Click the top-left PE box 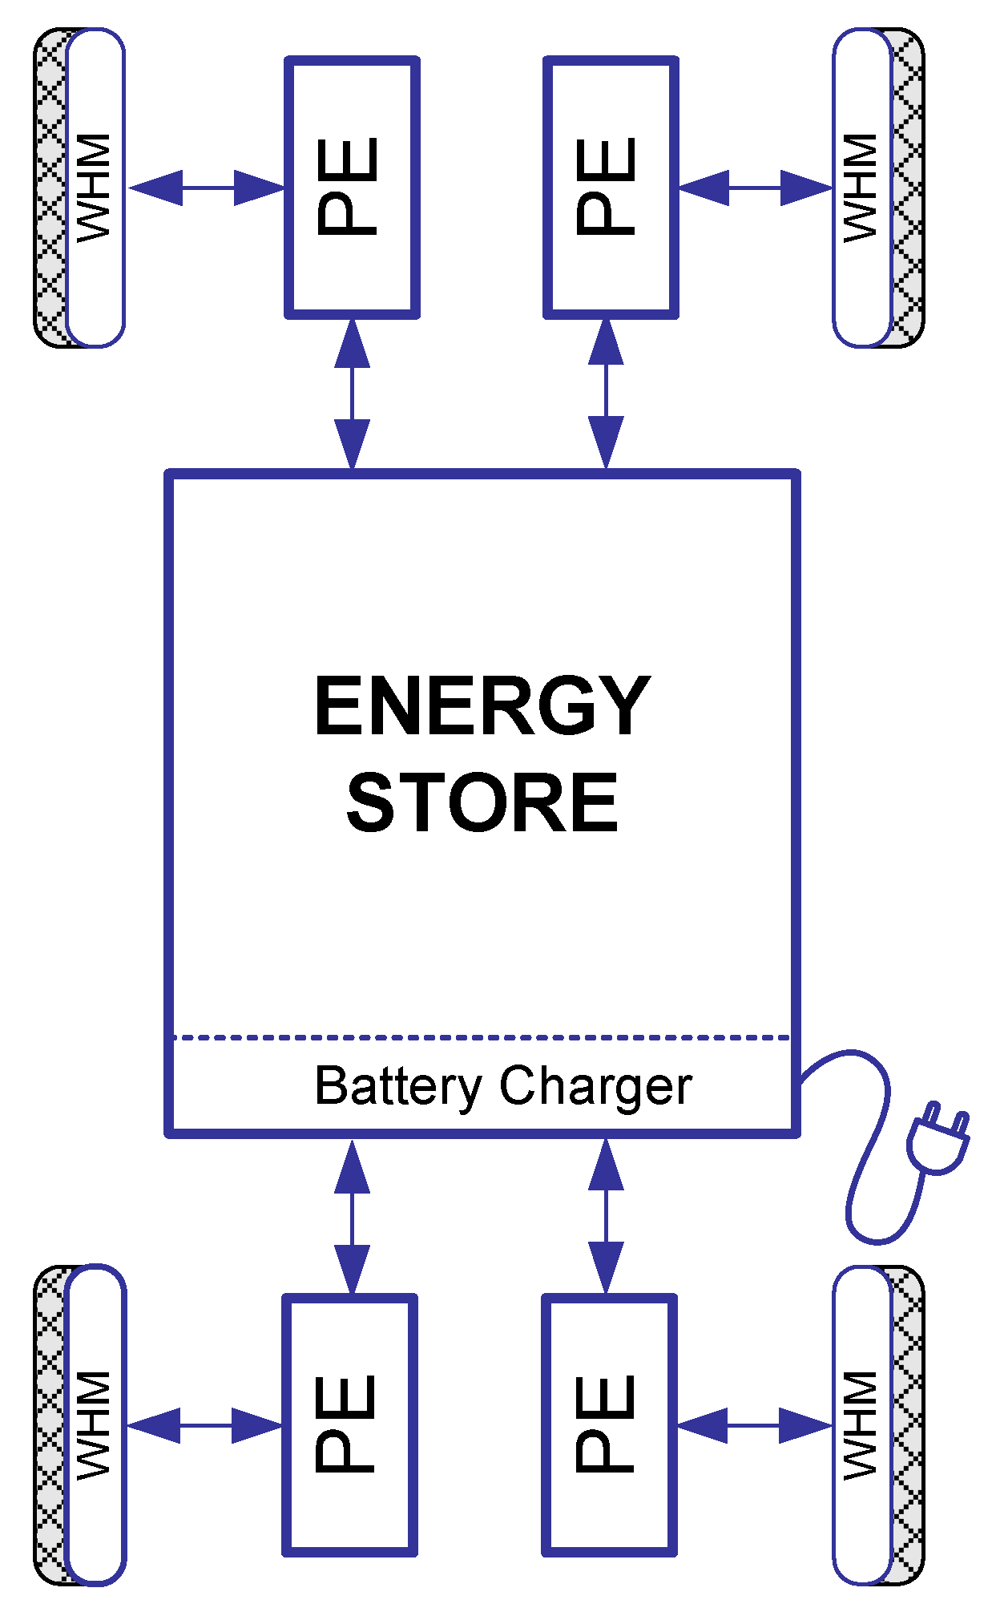[x=352, y=187]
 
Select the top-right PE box [x=611, y=187]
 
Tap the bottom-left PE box [x=349, y=1424]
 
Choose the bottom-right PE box [x=609, y=1424]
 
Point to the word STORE [x=482, y=802]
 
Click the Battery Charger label [x=502, y=1086]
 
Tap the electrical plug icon [x=938, y=1138]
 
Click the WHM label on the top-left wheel [x=94, y=187]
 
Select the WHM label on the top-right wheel [x=861, y=187]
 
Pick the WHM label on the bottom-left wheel [x=94, y=1424]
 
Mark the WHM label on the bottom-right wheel [x=861, y=1424]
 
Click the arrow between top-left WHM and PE [x=207, y=188]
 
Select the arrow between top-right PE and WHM [x=755, y=188]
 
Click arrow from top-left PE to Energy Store [x=352, y=393]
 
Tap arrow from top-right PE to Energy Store [x=606, y=393]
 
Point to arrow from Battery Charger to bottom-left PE [x=352, y=1217]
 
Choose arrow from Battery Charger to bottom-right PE [x=606, y=1217]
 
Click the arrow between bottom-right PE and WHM [x=753, y=1425]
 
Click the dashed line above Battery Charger [x=481, y=1037]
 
